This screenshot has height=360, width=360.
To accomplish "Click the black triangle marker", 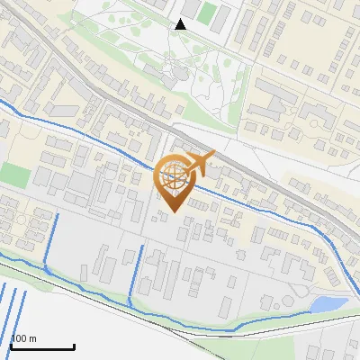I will click(181, 24).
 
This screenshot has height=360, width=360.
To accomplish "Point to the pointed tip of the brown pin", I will click(171, 211).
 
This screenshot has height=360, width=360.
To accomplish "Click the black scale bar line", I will click(41, 346).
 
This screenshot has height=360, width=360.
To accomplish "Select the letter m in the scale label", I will click(32, 339).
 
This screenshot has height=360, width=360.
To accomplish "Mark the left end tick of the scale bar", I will click(10, 345).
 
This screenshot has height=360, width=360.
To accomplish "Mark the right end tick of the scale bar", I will click(73, 345).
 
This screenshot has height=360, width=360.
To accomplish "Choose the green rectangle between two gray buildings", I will click(208, 13).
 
